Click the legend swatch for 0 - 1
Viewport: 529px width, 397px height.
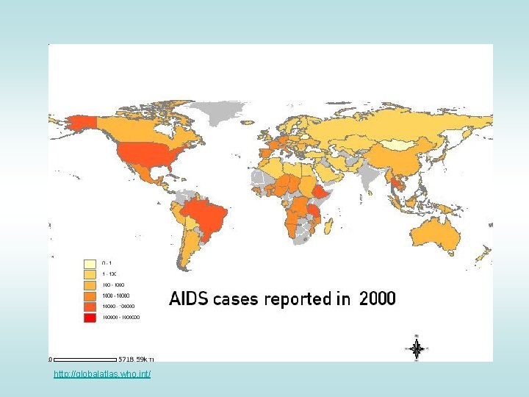pyautogui.click(x=90, y=262)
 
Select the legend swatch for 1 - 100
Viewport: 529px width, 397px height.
pyautogui.click(x=90, y=273)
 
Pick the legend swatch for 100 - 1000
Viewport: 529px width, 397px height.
pyautogui.click(x=90, y=285)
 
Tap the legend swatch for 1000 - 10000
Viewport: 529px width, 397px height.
pyautogui.click(x=90, y=296)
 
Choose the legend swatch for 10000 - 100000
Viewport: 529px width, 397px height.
pyautogui.click(x=90, y=307)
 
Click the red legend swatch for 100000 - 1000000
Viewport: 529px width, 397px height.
pyautogui.click(x=90, y=318)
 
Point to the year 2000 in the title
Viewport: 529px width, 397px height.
pyautogui.click(x=377, y=299)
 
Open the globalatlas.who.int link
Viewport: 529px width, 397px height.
pyautogui.click(x=102, y=375)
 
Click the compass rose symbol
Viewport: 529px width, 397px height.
pyautogui.click(x=417, y=348)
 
